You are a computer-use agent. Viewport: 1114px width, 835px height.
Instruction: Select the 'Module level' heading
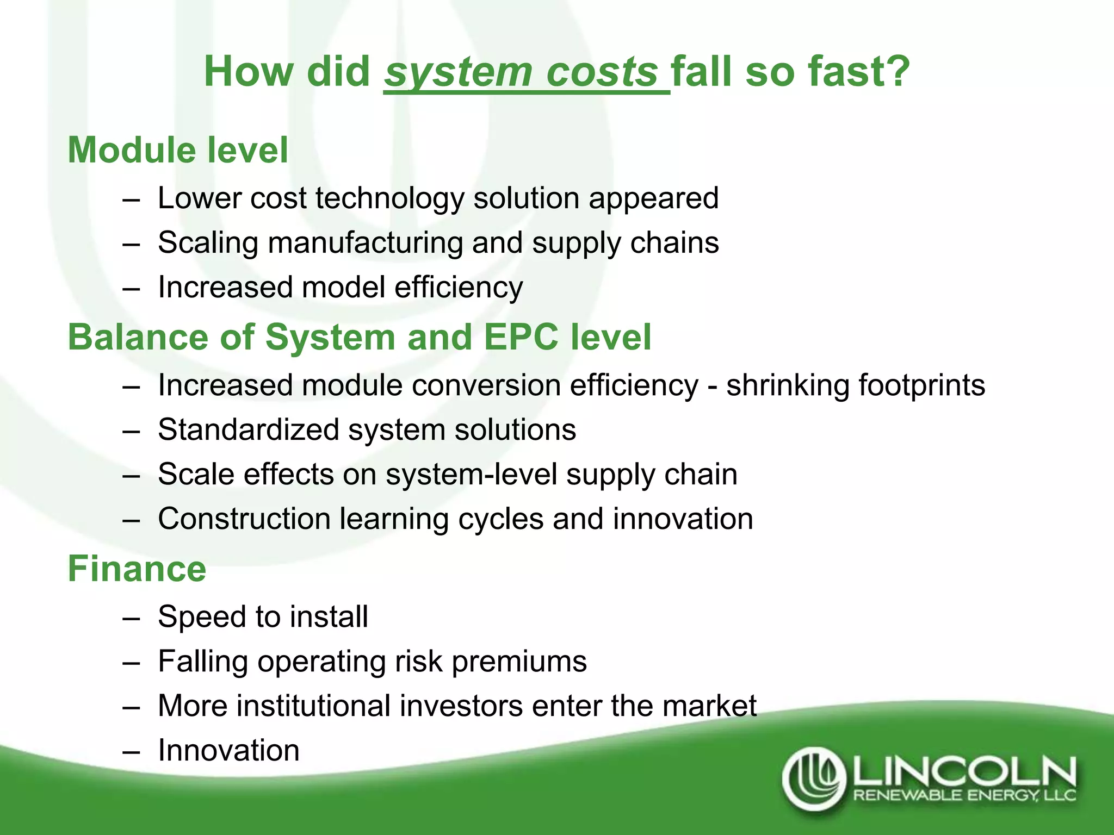(178, 150)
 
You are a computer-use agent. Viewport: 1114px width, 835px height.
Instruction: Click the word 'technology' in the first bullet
(389, 199)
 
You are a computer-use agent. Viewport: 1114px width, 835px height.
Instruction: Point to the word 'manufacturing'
(365, 243)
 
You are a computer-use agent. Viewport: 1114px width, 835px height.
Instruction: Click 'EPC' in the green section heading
(521, 337)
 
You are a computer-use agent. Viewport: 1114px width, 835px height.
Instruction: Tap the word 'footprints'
(921, 385)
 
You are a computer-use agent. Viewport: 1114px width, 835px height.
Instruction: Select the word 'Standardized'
(249, 430)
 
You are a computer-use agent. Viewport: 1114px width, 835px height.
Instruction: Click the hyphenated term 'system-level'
(471, 475)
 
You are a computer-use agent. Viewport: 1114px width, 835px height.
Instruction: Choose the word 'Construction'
(244, 519)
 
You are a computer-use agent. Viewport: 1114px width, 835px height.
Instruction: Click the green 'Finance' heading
(137, 569)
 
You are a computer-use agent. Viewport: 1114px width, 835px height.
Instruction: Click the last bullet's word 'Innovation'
(228, 751)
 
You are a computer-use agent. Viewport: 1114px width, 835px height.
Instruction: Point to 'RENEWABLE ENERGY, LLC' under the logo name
(964, 796)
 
